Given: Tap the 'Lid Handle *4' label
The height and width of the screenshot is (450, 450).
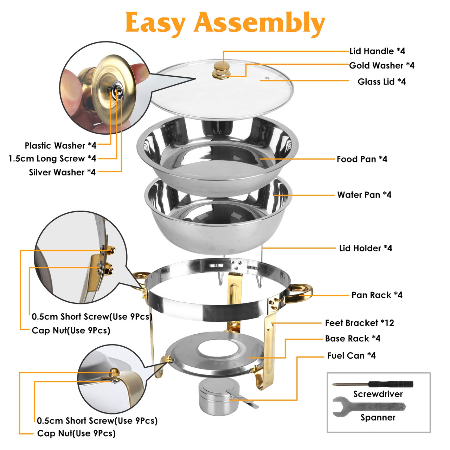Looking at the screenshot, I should [377, 51].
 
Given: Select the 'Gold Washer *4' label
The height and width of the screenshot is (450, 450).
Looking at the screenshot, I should [381, 66].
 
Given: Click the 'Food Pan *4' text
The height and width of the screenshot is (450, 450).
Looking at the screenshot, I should [362, 159].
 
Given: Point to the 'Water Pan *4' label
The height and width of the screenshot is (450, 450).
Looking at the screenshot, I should [364, 195].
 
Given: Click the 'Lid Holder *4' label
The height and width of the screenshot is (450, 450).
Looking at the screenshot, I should [365, 248].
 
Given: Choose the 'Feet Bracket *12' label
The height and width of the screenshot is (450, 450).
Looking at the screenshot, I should [359, 323].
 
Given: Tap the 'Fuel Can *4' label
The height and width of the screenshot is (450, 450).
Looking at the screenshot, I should [351, 356].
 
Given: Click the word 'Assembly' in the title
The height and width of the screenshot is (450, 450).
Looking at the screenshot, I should [259, 23].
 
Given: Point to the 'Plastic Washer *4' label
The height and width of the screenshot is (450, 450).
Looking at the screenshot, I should [60, 146].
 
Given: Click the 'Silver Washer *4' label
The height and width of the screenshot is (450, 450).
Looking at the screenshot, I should [62, 172].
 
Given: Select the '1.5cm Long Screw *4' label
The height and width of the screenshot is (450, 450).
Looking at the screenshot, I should [52, 159].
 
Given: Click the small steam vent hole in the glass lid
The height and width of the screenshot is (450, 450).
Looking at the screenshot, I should [267, 78].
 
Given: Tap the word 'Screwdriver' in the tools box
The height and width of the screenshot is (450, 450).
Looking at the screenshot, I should [378, 394].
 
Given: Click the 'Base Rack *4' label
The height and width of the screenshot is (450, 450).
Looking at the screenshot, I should [352, 339].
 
